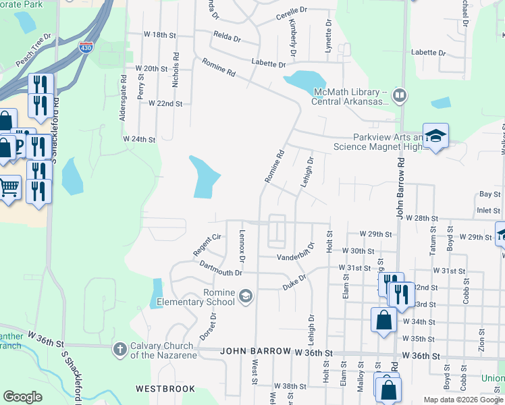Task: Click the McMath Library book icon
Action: tap(400, 95)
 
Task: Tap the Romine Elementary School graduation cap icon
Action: tap(246, 294)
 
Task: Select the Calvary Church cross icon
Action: tap(119, 349)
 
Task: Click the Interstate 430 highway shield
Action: tap(86, 47)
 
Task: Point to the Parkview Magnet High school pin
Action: tap(435, 136)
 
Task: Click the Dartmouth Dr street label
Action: tap(221, 269)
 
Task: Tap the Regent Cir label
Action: tap(207, 245)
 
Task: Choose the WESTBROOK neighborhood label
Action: tap(165, 389)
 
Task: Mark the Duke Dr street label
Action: tap(295, 282)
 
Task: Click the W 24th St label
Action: tap(139, 139)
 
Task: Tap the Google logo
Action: tap(22, 397)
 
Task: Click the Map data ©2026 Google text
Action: tap(462, 400)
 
